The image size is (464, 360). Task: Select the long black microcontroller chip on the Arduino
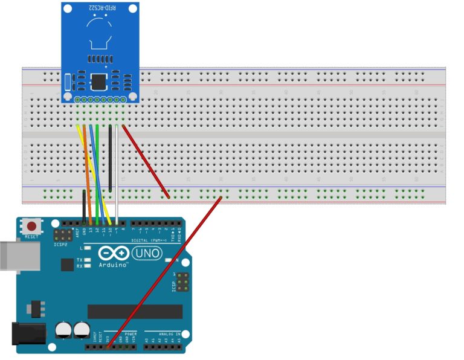pos(135,311)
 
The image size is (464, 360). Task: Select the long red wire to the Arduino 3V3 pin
pos(163,272)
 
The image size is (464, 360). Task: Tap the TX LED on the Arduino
pos(88,260)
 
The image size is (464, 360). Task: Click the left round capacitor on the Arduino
pos(63,330)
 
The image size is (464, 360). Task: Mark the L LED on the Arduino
pos(88,248)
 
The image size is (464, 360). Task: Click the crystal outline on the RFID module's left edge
pos(68,82)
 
